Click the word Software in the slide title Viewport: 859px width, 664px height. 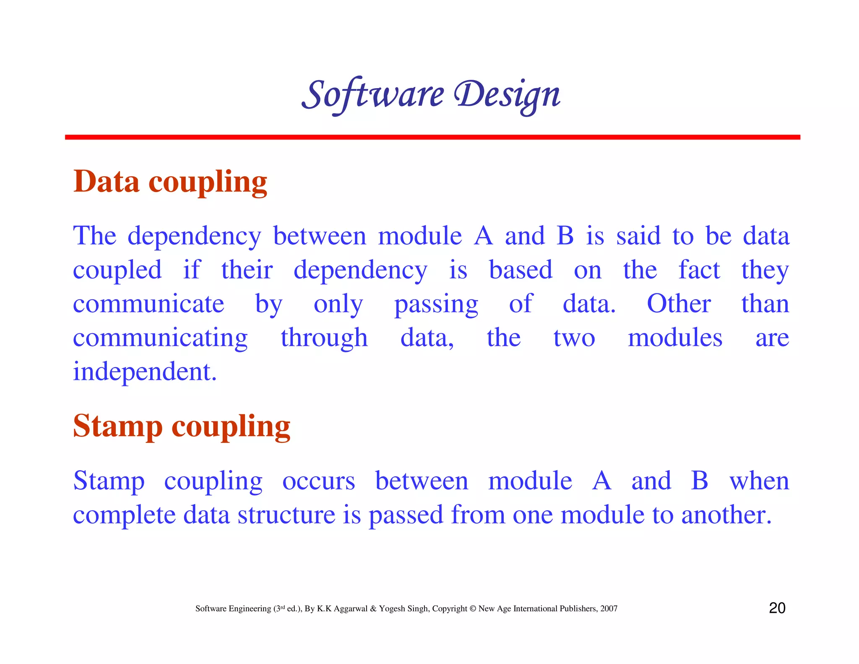click(372, 94)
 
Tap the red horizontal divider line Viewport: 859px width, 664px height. click(432, 137)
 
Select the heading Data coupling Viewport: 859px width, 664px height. click(170, 182)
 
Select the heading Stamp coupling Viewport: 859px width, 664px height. click(181, 426)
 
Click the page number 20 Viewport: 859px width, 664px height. click(777, 608)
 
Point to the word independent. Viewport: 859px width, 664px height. click(144, 372)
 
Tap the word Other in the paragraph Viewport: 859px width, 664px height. click(678, 304)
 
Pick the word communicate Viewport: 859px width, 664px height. click(148, 304)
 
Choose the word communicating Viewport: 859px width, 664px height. click(160, 338)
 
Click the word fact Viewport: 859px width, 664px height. click(699, 270)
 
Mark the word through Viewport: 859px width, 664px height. click(324, 338)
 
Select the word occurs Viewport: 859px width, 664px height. click(318, 481)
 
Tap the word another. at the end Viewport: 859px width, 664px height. click(726, 515)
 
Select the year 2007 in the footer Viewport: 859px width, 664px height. click(609, 609)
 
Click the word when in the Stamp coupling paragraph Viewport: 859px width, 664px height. click(759, 481)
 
